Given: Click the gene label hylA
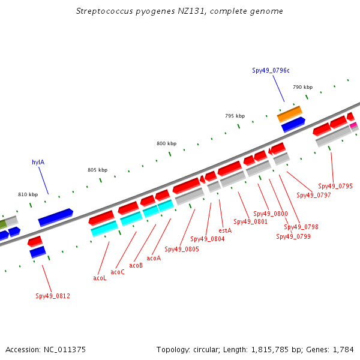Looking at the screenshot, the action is coord(38,162).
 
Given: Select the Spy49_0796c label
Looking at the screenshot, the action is coord(271,70).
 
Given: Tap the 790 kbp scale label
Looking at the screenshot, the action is coord(302,87).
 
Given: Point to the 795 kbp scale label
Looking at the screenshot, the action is coord(235,116).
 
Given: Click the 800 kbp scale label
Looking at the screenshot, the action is coord(166,143).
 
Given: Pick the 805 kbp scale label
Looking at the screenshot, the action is coord(98,170).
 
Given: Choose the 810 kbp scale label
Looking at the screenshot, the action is coord(28,194).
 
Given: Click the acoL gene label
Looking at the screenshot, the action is coord(100,278).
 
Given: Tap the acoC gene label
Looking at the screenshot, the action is coord(118,272).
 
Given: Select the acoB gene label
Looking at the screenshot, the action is coord(136,265).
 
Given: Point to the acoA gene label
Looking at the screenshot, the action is coord(154,258).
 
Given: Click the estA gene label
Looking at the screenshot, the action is coord(225,230).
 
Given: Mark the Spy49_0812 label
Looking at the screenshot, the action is coord(53,296).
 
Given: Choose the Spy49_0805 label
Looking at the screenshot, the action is coord(182,249).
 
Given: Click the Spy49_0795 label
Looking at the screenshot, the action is coord(335,186).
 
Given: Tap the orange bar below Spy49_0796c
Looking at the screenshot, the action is coord(290,114).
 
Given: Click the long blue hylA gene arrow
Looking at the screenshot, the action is coord(56,217).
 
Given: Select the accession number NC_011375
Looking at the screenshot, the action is coord(65,350).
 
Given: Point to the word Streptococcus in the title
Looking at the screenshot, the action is coord(104,11).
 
